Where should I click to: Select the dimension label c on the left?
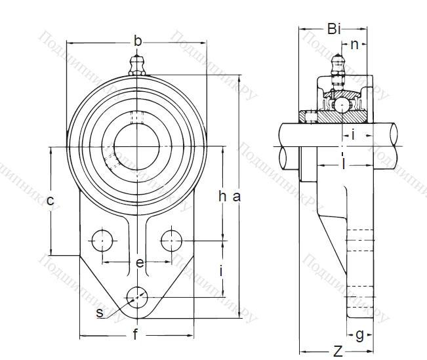tap(49, 201)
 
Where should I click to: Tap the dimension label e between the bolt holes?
tap(139, 263)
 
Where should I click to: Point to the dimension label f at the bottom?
tap(135, 335)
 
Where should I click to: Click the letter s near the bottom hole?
tap(100, 313)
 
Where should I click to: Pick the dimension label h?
tap(223, 195)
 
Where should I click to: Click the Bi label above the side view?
tap(333, 28)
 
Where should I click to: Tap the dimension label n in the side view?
tap(354, 45)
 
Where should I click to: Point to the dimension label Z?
tap(337, 351)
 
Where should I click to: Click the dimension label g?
tap(359, 334)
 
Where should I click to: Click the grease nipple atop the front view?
tap(137, 64)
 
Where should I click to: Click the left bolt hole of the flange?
tap(102, 241)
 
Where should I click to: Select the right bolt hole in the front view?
tap(172, 241)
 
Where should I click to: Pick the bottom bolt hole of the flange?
tap(137, 296)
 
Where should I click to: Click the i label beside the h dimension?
tap(222, 270)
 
